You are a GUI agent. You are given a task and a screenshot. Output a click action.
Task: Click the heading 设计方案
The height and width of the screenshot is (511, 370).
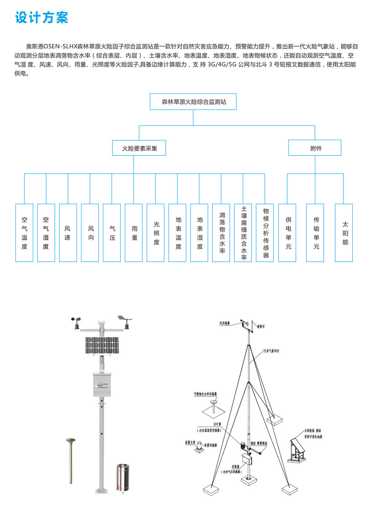click(42, 17)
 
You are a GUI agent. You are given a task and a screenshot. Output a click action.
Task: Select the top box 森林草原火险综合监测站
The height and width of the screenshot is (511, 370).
click(193, 102)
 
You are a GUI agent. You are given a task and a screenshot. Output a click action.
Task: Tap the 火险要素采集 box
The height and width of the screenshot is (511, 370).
click(139, 148)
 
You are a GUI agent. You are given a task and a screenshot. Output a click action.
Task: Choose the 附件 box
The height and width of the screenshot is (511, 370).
click(315, 148)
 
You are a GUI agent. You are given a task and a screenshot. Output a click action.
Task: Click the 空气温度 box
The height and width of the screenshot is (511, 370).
click(24, 233)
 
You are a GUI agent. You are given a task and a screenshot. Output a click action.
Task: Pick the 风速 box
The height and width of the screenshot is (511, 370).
click(68, 233)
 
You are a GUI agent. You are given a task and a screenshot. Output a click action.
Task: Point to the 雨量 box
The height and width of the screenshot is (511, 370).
click(134, 233)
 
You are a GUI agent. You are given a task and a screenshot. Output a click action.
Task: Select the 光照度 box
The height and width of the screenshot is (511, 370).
click(155, 233)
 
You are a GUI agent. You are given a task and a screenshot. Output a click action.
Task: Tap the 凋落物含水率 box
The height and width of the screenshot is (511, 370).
click(221, 233)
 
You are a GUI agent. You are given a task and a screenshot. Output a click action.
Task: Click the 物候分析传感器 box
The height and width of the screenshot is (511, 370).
click(265, 233)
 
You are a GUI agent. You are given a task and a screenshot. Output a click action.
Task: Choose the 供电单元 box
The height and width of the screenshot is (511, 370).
click(287, 233)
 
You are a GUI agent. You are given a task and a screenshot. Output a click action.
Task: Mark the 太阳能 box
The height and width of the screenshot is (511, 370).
click(344, 233)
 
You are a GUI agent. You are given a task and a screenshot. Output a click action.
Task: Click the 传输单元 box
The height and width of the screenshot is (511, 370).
click(315, 233)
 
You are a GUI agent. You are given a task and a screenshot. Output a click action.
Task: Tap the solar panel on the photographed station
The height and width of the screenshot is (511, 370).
click(102, 345)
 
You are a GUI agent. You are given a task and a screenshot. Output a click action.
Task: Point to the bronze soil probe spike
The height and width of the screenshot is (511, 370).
click(71, 461)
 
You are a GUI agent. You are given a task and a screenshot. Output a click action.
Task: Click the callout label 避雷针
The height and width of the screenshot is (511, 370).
click(261, 326)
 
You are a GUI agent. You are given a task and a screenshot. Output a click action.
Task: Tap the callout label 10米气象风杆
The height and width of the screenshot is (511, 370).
click(271, 351)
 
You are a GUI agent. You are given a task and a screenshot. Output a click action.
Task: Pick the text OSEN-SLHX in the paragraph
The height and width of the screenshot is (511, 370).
click(60, 47)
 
